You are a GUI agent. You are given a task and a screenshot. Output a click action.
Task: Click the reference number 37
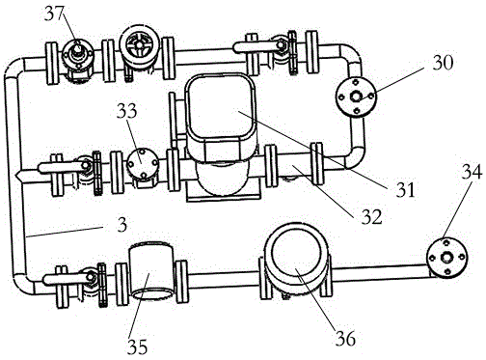pyautogui.click(x=55, y=14)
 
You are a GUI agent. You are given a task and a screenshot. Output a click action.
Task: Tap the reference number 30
pyautogui.click(x=443, y=62)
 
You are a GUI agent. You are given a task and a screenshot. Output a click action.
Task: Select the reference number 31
pyautogui.click(x=405, y=189)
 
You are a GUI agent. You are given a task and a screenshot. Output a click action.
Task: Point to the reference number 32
pyautogui.click(x=372, y=216)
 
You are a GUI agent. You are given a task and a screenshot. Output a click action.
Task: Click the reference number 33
pyautogui.click(x=126, y=111)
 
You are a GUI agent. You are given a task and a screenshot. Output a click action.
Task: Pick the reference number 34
pyautogui.click(x=472, y=171)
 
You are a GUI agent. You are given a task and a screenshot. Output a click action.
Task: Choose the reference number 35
pyautogui.click(x=138, y=346)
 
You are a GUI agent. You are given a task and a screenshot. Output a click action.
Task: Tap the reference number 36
pyautogui.click(x=345, y=338)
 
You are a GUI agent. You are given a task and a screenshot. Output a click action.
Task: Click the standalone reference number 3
pyautogui.click(x=121, y=225)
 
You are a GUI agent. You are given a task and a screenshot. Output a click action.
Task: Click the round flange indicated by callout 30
pyautogui.click(x=356, y=97)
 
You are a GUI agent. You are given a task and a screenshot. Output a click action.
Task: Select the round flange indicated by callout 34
pyautogui.click(x=447, y=258)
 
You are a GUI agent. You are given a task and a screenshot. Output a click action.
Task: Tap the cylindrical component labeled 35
pyautogui.click(x=151, y=271)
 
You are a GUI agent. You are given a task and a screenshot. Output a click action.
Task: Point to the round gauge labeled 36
pyautogui.click(x=296, y=258)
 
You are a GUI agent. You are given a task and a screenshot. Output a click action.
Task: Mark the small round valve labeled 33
pyautogui.click(x=143, y=163)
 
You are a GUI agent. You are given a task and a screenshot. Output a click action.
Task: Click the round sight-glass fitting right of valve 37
pyautogui.click(x=139, y=46)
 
